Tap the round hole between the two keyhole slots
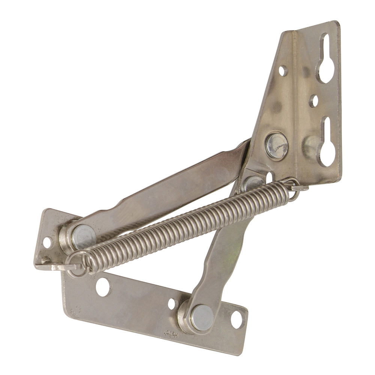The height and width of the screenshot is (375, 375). pyautogui.click(x=313, y=101)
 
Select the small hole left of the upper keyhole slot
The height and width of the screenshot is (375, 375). pyautogui.click(x=282, y=70)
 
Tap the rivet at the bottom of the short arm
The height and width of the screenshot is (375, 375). pyautogui.click(x=202, y=317)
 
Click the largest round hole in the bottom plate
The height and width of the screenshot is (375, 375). pyautogui.click(x=103, y=287)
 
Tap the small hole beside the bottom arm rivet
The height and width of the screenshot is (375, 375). pyautogui.click(x=171, y=303)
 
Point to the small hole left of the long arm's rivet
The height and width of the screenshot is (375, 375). pyautogui.click(x=47, y=243)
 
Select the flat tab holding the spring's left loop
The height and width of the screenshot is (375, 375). pyautogui.click(x=52, y=267)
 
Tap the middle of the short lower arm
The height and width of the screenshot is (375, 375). pyautogui.click(x=221, y=255)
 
